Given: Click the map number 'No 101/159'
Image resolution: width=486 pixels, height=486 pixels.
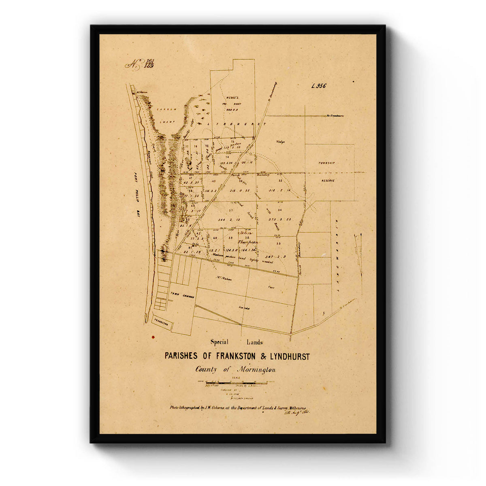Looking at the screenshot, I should click(140, 64).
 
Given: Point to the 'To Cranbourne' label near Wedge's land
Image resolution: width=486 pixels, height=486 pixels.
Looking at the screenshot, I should click(335, 116).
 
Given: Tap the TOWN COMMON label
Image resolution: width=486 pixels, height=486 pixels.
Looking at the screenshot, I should click(182, 296).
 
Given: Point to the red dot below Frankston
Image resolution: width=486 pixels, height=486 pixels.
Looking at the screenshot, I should click(153, 337).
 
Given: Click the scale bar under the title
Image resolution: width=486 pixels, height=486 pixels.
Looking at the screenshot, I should click(237, 382).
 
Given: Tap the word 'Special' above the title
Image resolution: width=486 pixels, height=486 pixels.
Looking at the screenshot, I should click(220, 342).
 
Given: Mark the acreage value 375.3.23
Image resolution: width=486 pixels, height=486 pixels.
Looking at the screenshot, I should click(279, 219).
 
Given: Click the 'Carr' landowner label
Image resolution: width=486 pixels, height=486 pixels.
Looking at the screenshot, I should click(271, 286).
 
